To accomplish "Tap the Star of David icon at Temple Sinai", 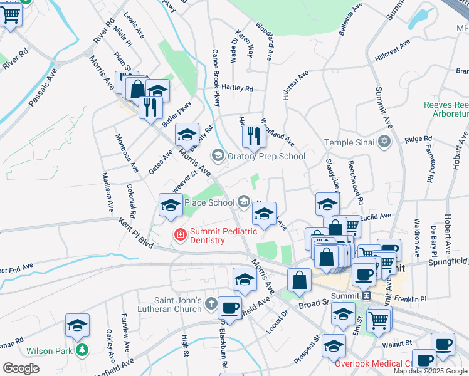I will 385,142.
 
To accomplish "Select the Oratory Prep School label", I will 266,156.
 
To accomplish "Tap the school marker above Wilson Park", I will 77,325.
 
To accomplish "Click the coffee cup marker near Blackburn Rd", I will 230,308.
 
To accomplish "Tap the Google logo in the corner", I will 21,368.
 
